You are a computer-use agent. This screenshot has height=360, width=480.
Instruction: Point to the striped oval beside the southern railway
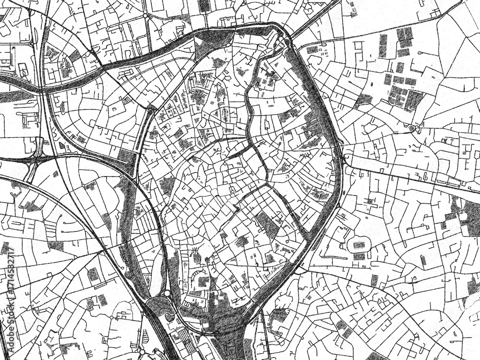point(170,317)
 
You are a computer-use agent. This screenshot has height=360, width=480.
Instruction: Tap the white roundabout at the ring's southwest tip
point(166,293)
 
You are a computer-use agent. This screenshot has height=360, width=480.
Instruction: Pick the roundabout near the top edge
point(145,16)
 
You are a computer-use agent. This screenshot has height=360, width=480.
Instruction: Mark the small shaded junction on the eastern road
point(412,129)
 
